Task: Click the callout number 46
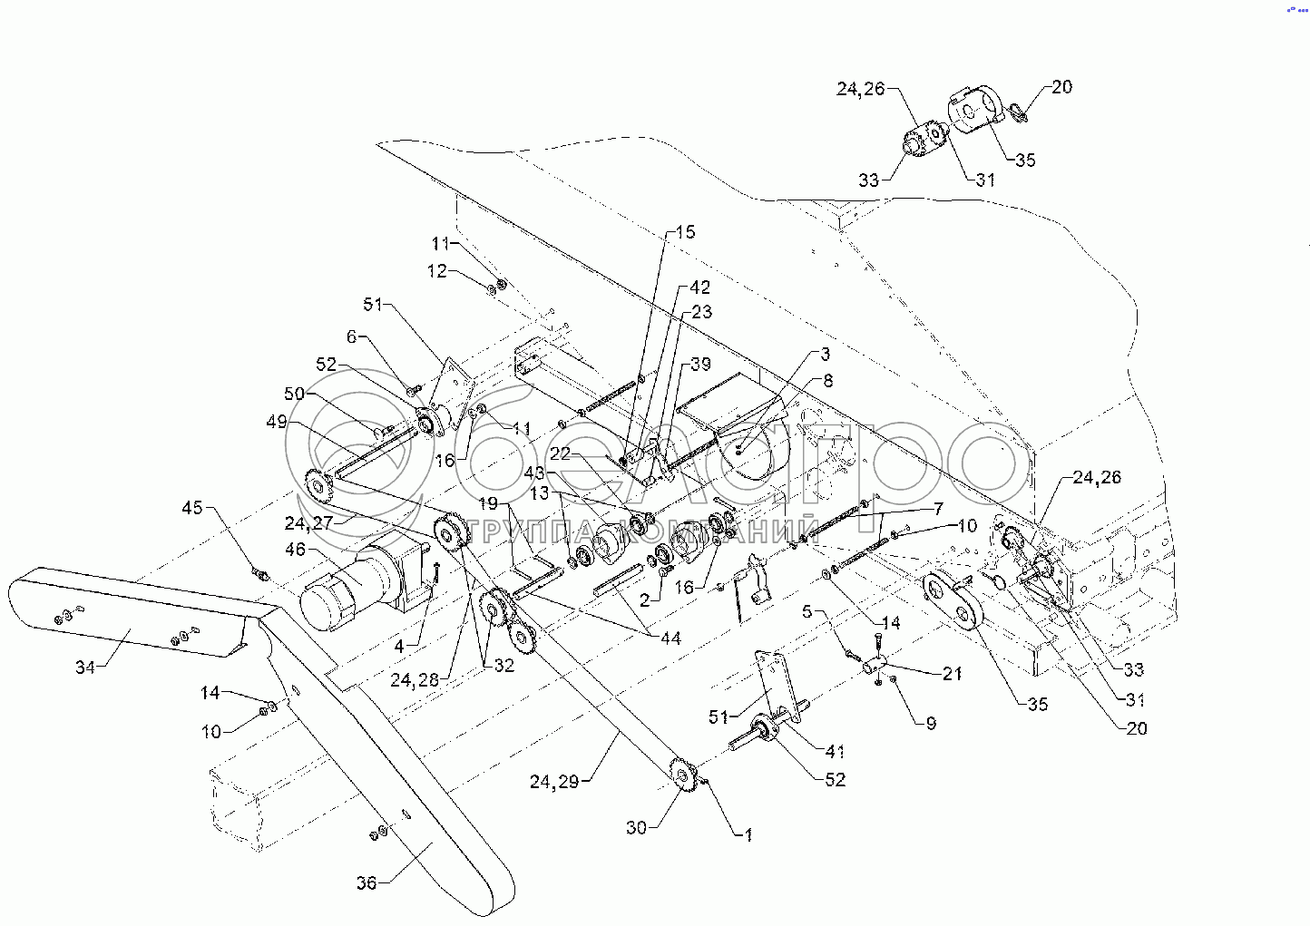pos(296,549)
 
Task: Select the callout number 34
pos(85,668)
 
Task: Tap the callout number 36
pos(366,882)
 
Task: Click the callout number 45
pos(192,507)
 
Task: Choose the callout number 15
pos(685,232)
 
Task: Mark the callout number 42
pos(699,288)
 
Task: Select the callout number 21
pos(952,673)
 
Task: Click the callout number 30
pos(636,827)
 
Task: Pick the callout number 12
pos(437,270)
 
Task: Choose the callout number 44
pos(670,638)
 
